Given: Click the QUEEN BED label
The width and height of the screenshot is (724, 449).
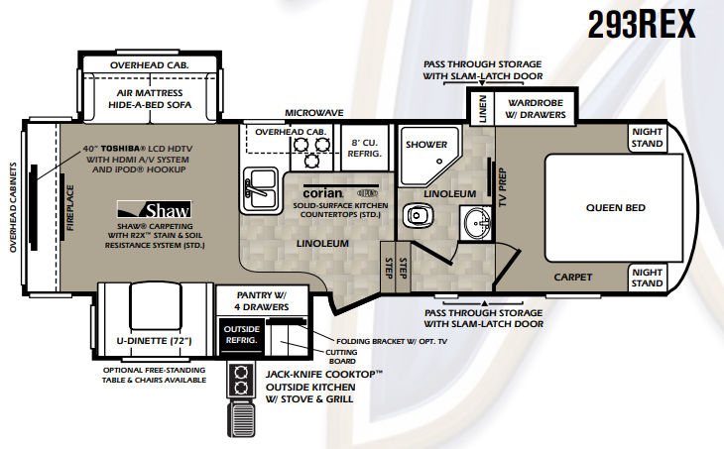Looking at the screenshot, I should [615, 208].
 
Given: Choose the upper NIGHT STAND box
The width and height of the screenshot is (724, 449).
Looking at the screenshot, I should [647, 138].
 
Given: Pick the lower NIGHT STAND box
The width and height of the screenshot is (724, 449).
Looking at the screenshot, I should [647, 278].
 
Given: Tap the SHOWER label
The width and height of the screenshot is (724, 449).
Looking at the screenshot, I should [425, 145].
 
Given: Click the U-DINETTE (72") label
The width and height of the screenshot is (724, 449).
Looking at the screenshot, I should [154, 342].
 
